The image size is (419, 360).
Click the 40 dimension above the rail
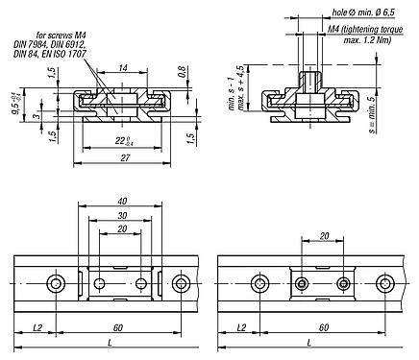pos(121,202)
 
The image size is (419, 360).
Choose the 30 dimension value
pos(121,217)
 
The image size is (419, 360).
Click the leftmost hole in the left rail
pos(59,283)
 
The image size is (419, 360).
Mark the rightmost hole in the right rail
pos(386,283)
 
